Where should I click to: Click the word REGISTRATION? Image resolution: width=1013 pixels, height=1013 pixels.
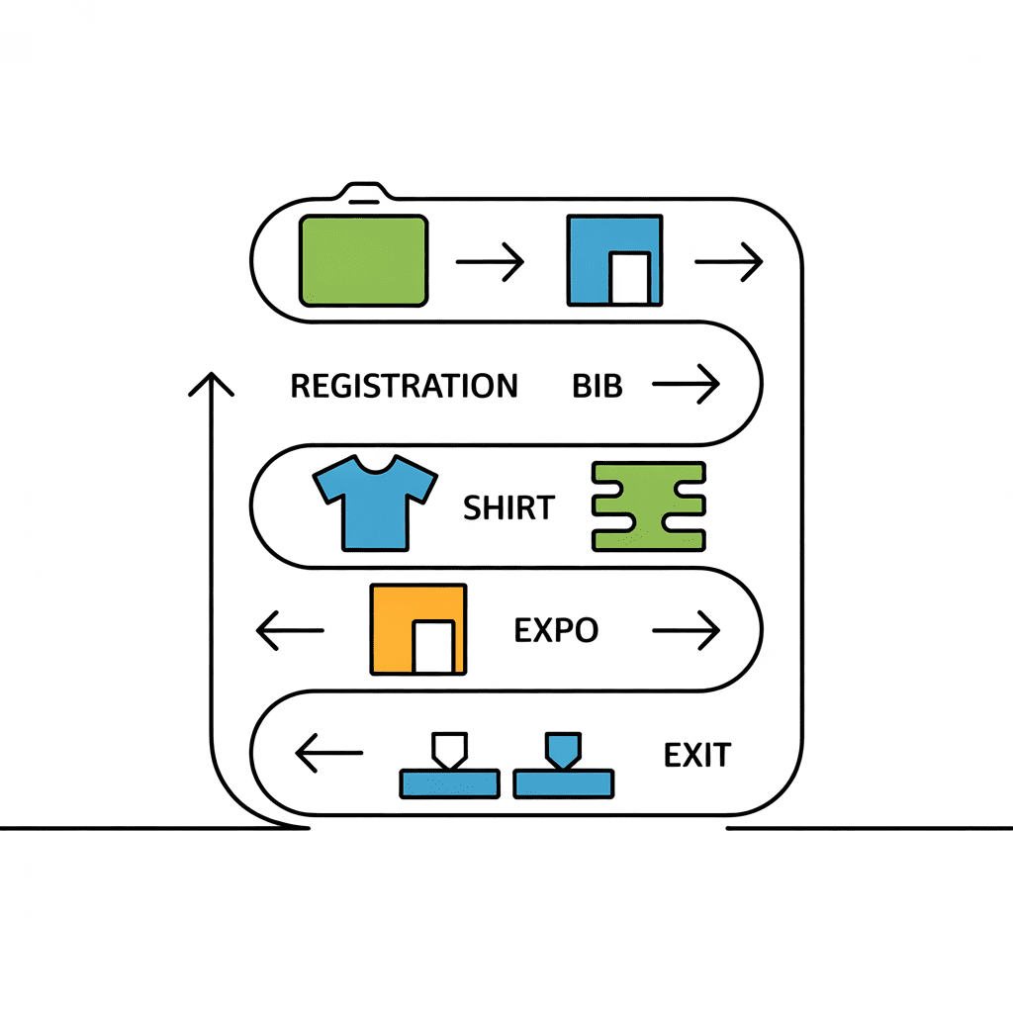coord(404,386)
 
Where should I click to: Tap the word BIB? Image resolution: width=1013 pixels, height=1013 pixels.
coord(598,386)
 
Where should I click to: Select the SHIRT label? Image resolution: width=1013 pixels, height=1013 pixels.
coord(508,508)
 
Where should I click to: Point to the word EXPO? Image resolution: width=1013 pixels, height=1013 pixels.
coord(556,630)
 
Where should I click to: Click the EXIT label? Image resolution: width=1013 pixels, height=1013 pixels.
coord(696,757)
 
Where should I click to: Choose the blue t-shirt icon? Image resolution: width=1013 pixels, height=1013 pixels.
coord(375,502)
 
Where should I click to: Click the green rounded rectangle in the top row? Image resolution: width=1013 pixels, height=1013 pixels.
coord(363,261)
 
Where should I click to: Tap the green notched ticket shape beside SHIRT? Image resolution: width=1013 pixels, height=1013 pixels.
coord(648,506)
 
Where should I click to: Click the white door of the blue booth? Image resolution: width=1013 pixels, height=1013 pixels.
coord(629,278)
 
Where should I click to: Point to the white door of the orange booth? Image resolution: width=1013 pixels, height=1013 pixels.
coord(433,648)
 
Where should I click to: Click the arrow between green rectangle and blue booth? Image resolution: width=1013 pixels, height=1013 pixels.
coord(490,263)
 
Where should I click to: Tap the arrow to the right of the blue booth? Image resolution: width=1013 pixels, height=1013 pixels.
coord(729,263)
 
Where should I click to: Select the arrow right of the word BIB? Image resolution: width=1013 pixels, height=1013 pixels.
coord(685,385)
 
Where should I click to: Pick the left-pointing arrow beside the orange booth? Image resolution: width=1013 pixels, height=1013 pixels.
coord(290,630)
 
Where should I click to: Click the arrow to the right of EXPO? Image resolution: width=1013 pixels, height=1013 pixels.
coord(685,629)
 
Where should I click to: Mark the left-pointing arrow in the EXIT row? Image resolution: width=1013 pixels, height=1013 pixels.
coord(329,755)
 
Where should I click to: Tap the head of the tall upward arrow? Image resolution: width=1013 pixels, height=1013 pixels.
coord(211,382)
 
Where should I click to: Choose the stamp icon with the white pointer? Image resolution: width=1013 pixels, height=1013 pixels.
coord(448,768)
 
